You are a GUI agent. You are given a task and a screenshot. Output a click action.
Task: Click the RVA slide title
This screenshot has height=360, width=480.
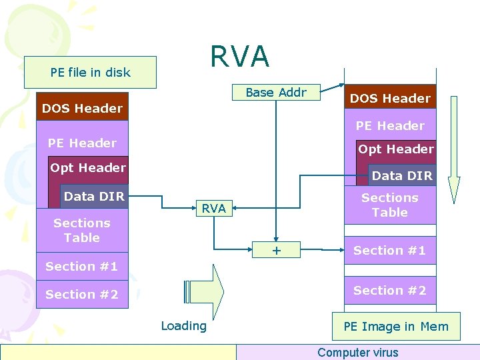click(240, 57)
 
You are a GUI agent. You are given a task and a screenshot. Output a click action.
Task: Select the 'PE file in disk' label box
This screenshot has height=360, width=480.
click(90, 72)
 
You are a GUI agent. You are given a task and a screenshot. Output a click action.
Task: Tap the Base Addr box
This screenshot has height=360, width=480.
click(276, 93)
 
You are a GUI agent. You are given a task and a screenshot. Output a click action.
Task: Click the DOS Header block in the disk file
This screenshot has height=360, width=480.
click(82, 108)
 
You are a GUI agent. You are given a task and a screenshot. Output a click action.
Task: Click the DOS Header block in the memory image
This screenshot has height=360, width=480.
click(390, 98)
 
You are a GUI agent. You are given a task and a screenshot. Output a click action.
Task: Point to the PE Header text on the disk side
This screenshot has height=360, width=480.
click(82, 143)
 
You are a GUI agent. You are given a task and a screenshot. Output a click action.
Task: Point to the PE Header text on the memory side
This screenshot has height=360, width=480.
click(390, 126)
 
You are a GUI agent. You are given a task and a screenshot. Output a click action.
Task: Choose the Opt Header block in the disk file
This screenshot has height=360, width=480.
click(88, 168)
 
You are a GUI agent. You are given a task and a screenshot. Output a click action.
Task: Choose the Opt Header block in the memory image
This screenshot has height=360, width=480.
click(396, 149)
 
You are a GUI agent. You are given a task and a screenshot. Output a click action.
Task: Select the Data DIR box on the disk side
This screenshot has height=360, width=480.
click(94, 196)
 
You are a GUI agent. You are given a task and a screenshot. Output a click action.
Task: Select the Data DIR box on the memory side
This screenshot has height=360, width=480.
click(402, 176)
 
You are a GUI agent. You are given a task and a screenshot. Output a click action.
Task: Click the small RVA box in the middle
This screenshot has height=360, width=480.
click(213, 209)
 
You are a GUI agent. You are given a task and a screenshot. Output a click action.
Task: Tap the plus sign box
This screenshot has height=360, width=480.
click(277, 251)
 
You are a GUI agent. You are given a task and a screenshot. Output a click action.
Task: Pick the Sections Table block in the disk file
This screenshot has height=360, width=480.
click(81, 230)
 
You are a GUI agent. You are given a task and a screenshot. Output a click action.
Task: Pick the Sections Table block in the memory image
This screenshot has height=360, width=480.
click(390, 205)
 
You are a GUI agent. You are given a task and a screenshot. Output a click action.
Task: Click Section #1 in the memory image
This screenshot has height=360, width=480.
click(390, 251)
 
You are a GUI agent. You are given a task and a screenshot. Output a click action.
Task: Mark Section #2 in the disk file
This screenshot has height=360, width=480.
click(82, 294)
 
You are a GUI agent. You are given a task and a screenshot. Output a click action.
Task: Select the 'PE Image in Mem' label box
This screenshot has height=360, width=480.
click(396, 326)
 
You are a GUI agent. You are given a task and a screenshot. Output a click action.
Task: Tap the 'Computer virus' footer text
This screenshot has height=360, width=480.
click(358, 353)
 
